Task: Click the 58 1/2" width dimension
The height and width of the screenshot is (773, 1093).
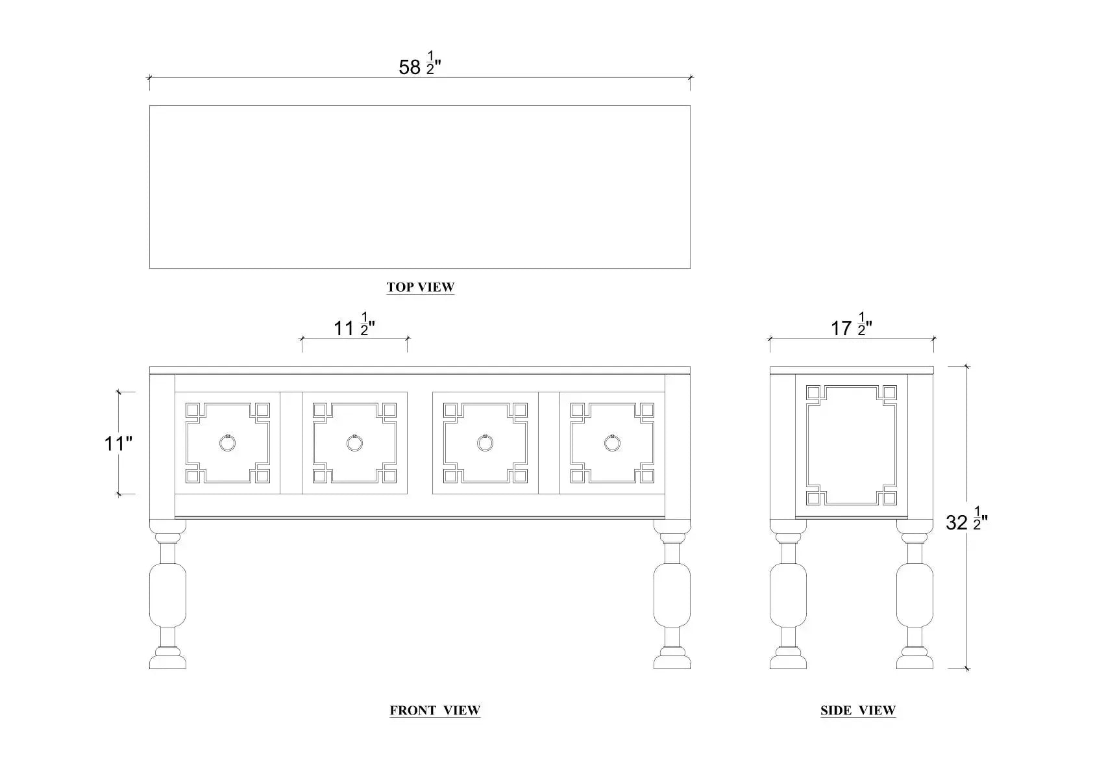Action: pyautogui.click(x=419, y=66)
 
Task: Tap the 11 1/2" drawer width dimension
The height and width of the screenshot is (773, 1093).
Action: pyautogui.click(x=354, y=327)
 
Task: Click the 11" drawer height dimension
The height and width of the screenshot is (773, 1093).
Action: pyautogui.click(x=118, y=444)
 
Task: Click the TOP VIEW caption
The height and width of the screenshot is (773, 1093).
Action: pyautogui.click(x=421, y=287)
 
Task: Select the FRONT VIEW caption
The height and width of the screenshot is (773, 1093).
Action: pyautogui.click(x=435, y=711)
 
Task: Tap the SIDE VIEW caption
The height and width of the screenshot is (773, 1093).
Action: pyautogui.click(x=858, y=711)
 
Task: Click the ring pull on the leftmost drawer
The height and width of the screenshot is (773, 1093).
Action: pyautogui.click(x=227, y=443)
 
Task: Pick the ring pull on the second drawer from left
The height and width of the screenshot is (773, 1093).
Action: pyautogui.click(x=354, y=443)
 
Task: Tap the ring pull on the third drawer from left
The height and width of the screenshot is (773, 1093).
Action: pyautogui.click(x=485, y=443)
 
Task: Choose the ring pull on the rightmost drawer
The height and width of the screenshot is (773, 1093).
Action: pyautogui.click(x=612, y=443)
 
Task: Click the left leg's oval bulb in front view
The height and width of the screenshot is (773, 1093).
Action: pyautogui.click(x=167, y=594)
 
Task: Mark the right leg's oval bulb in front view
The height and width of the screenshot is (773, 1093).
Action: pyautogui.click(x=672, y=594)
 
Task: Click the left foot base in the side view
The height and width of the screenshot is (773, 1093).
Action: pyautogui.click(x=788, y=661)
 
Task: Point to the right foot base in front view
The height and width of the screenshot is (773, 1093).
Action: pyautogui.click(x=672, y=661)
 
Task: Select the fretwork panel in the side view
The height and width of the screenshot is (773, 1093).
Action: pyautogui.click(x=851, y=446)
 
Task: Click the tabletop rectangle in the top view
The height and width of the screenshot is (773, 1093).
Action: pyautogui.click(x=419, y=187)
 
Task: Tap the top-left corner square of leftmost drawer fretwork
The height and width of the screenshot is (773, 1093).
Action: pyautogui.click(x=193, y=411)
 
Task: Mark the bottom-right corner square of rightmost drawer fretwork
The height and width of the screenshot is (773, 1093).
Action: pyautogui.click(x=646, y=476)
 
